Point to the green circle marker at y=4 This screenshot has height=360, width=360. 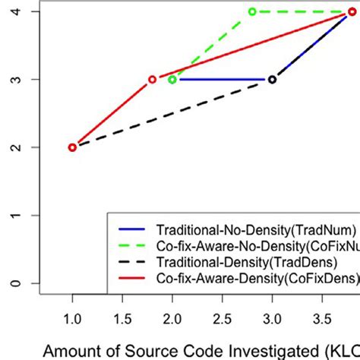pos(252,12)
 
